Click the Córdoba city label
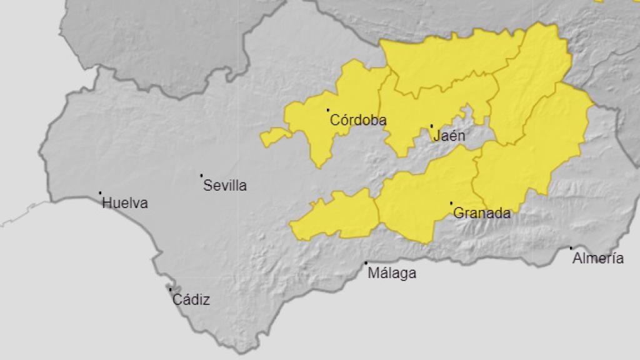coord(358,120)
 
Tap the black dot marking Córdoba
coord(328,111)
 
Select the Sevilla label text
coord(225,186)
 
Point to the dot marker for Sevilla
coord(201,176)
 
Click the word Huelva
coord(125,203)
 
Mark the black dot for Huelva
coord(100,193)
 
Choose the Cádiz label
coord(191,300)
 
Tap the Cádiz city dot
coord(170,289)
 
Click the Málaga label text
coord(392,273)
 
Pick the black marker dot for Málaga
coord(366,263)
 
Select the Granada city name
coord(482,213)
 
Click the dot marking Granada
coord(451,203)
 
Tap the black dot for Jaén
coord(431,126)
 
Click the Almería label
coord(598,258)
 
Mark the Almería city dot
coord(571,248)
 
